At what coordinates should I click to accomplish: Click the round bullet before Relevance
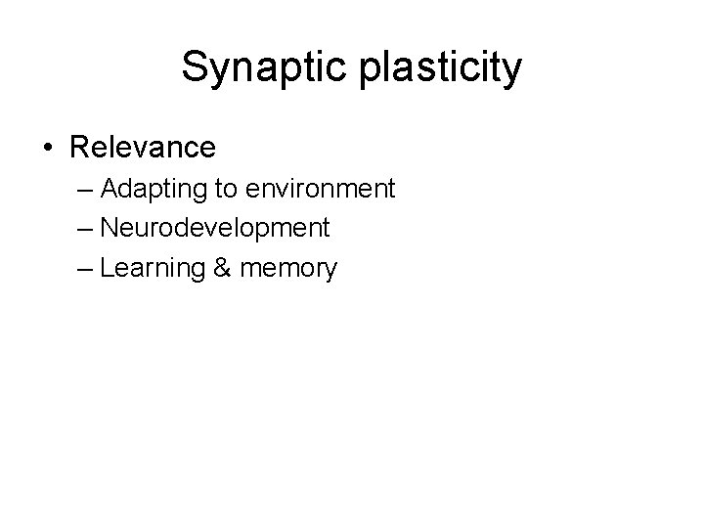click(49, 149)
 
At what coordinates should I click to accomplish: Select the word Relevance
click(143, 149)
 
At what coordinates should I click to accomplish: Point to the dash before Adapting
click(86, 188)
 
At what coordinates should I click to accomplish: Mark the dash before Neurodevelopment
click(86, 229)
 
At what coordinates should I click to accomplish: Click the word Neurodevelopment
click(215, 229)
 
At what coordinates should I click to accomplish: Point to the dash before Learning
click(86, 269)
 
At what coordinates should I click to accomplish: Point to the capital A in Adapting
click(110, 188)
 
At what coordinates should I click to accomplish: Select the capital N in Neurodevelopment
click(110, 229)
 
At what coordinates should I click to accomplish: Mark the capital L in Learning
click(107, 269)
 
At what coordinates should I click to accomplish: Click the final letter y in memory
click(330, 273)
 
